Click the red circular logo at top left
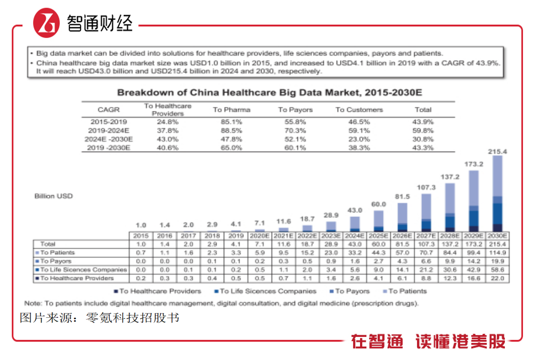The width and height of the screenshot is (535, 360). pos(46,23)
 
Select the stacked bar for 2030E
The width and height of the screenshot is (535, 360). pos(498,194)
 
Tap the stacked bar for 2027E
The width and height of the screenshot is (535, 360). pos(426,212)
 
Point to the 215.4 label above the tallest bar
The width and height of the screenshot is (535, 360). pos(497,151)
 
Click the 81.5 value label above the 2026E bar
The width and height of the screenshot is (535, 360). pos(402,197)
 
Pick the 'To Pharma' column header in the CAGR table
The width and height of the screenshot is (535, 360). pos(232,110)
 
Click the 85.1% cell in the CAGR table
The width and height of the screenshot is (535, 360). pos(232,122)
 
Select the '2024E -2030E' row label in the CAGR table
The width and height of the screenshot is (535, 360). pos(108,139)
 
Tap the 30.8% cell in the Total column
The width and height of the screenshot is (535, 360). pos(423,139)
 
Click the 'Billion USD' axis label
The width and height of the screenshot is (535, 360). pos(54,196)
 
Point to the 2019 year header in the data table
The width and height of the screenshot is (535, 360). pos(236,236)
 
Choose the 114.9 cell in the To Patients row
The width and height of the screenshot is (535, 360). pos(497,253)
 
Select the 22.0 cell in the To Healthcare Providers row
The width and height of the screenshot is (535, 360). pos(497,279)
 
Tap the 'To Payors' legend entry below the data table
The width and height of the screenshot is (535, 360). pos(350,291)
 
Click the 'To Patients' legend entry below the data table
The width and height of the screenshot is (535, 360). pos(405,291)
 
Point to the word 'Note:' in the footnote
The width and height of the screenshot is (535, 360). pos(33,303)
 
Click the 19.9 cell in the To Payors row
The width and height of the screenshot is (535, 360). pos(497,261)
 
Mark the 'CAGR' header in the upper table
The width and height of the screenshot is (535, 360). pos(108,110)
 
